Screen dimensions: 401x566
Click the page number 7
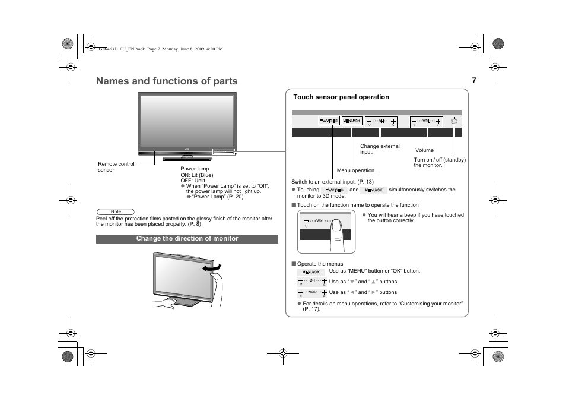point(474,81)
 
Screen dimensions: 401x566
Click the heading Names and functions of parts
point(167,81)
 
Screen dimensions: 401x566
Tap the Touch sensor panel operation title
point(341,97)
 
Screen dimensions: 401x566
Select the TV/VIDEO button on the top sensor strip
point(329,121)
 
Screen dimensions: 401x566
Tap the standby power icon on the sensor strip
point(454,121)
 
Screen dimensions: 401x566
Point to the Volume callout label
point(424,150)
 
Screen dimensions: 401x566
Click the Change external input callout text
point(380,149)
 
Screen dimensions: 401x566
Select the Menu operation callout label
point(356,170)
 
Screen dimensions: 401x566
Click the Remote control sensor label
point(116,167)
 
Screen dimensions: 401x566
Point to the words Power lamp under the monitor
point(195,169)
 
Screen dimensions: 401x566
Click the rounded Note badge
point(116,211)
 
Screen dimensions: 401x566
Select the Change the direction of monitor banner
point(187,239)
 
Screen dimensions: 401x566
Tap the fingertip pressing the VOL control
point(336,225)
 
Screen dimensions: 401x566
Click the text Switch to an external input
point(324,182)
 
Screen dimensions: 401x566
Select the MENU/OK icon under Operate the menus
point(311,272)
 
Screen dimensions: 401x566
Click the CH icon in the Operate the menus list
point(312,282)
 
